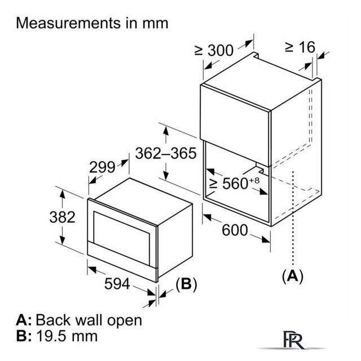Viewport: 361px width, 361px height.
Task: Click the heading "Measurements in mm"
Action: point(93,23)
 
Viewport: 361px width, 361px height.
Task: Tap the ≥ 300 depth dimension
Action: point(214,50)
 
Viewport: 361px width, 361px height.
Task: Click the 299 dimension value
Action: point(102,167)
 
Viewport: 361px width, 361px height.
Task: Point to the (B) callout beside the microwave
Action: point(186,285)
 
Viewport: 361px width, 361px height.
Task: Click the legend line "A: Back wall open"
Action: point(78,320)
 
